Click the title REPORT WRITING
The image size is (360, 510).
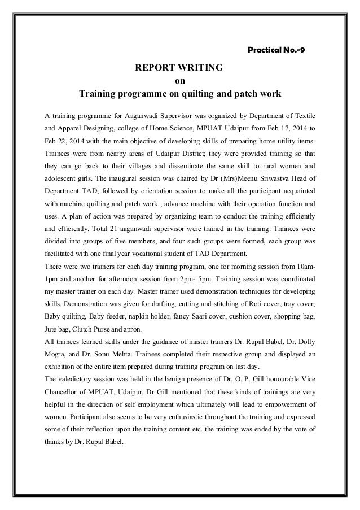click(179, 68)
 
